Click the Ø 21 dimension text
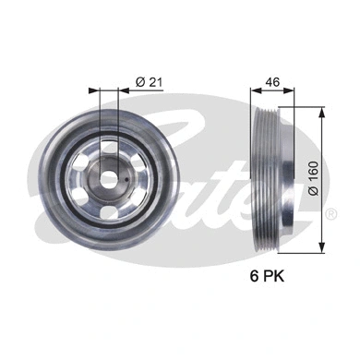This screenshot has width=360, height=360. coord(149,82)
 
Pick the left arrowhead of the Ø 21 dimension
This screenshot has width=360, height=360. coord(93,91)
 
